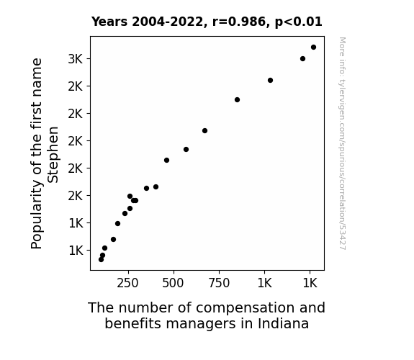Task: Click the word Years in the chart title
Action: tap(109, 22)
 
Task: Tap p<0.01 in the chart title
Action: tap(298, 22)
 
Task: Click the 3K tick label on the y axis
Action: tap(76, 59)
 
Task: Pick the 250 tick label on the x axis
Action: tap(127, 283)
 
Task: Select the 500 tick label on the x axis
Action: tap(173, 283)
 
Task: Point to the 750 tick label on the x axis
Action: tap(219, 283)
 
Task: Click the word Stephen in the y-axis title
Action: tap(53, 155)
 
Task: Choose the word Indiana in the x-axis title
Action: tap(283, 323)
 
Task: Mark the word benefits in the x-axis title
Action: tap(133, 323)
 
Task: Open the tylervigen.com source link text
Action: tap(342, 143)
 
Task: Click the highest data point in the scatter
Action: tap(313, 48)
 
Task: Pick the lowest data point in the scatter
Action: tap(101, 260)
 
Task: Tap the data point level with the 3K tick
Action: tap(302, 58)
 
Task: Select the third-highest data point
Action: tap(270, 81)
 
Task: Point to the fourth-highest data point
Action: tap(237, 100)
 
